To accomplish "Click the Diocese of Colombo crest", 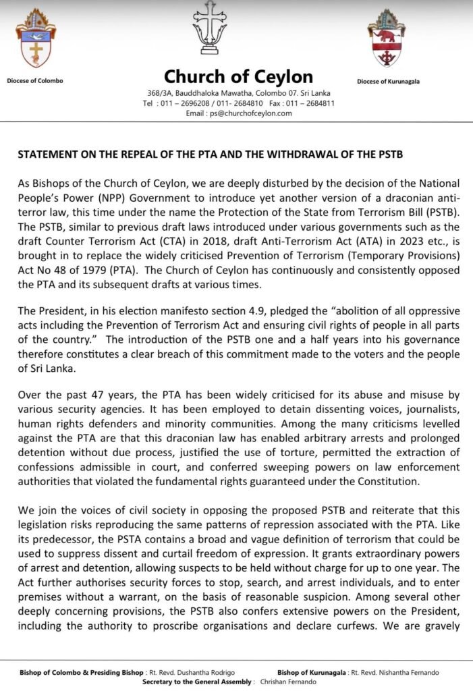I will click(x=35, y=38).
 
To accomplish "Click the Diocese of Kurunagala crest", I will click(x=387, y=38).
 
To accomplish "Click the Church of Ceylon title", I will click(x=238, y=76).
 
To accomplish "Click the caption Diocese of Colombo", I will click(x=35, y=81).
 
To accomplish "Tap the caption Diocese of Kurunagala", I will click(x=388, y=82).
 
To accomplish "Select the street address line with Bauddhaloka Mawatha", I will click(x=238, y=93).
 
